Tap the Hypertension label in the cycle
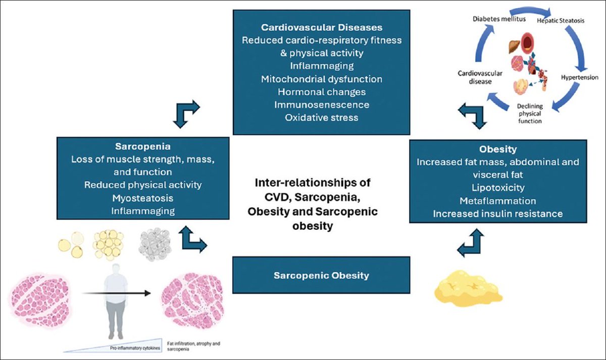pyautogui.click(x=579, y=78)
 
